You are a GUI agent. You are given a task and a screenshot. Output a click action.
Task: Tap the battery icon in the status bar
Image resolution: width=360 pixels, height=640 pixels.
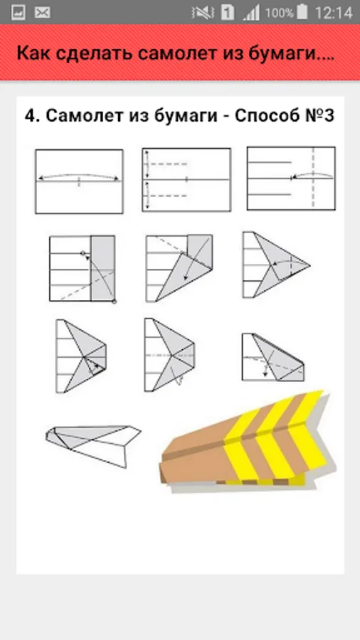click(302, 12)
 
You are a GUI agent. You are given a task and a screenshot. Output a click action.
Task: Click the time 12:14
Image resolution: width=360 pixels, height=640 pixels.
click(334, 13)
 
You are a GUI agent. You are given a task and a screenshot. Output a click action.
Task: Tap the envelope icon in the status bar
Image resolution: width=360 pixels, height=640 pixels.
click(43, 13)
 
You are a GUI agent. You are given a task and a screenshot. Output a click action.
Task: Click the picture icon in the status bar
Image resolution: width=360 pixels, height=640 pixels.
click(18, 13)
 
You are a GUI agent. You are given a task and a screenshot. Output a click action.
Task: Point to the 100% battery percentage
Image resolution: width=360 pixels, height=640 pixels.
click(279, 13)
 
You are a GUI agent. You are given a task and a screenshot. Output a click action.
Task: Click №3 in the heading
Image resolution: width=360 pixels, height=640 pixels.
click(319, 117)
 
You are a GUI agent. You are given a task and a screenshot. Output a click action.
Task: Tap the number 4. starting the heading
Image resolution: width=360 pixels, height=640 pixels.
click(32, 117)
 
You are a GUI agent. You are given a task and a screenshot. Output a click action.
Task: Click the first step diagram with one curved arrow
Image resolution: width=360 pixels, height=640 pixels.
click(79, 181)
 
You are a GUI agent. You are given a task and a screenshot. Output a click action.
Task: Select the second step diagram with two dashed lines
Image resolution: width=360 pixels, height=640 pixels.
click(186, 180)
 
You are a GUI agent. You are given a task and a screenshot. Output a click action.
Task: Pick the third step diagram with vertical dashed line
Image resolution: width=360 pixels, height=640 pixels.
click(291, 178)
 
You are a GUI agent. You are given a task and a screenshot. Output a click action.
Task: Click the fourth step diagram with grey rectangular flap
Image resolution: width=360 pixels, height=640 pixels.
click(82, 269)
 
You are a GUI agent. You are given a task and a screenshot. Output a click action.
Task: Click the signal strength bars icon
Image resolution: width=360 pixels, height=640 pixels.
click(251, 14)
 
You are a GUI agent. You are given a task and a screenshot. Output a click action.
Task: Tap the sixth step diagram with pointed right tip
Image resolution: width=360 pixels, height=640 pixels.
click(276, 265)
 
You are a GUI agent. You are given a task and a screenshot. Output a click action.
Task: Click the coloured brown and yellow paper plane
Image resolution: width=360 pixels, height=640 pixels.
click(247, 442)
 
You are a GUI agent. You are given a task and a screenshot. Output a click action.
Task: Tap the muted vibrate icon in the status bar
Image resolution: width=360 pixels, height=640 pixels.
click(202, 13)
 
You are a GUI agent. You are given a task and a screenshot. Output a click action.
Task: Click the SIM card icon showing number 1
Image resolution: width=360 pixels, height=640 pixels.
click(228, 13)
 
